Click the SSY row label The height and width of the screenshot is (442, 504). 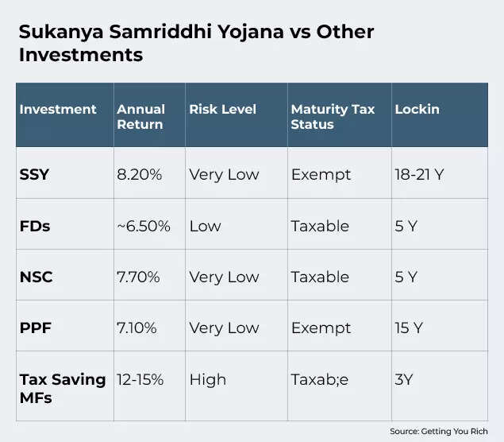[x=34, y=175]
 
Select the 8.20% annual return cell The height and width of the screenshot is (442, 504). [x=139, y=175]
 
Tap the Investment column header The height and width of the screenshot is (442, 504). [x=58, y=110]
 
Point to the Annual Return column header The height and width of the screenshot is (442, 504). [x=140, y=117]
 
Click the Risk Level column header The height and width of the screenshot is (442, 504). [x=222, y=110]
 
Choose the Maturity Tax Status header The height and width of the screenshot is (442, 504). [x=332, y=117]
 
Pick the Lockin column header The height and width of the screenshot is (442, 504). [x=417, y=110]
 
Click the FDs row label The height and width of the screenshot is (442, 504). [x=34, y=226]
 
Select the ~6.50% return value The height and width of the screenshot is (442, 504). [x=144, y=226]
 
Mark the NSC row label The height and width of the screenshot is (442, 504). [x=36, y=277]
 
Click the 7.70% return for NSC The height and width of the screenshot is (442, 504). [x=139, y=277]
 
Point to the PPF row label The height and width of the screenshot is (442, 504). [x=35, y=328]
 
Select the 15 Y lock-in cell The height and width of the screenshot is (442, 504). [x=408, y=328]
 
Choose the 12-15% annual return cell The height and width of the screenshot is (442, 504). [x=140, y=379]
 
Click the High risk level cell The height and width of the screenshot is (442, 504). [x=207, y=379]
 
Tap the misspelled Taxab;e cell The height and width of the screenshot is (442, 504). [x=319, y=379]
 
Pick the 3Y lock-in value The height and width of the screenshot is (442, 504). [x=404, y=379]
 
